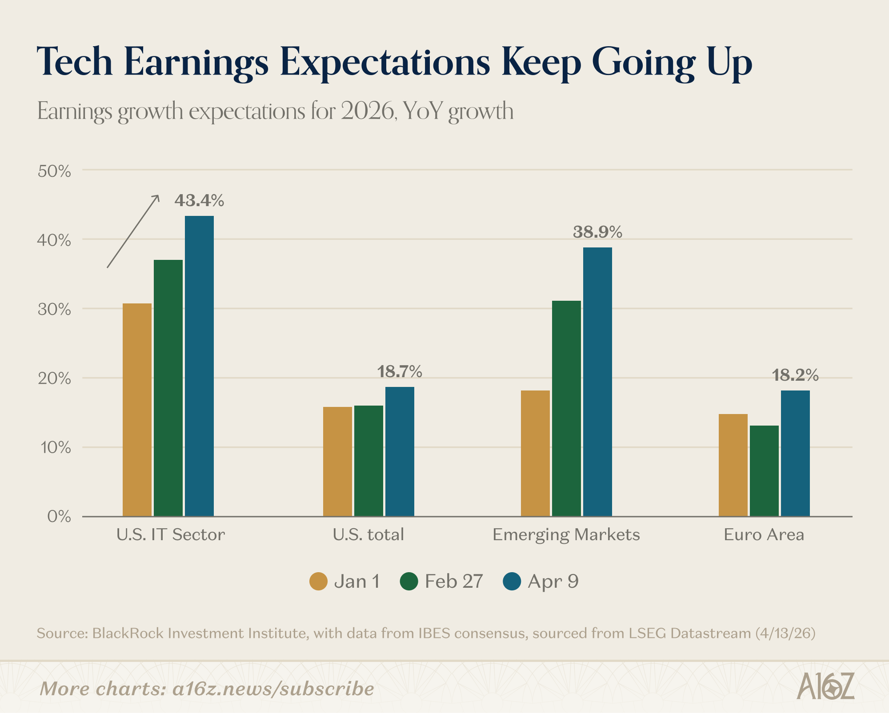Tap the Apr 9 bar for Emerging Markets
click(x=597, y=382)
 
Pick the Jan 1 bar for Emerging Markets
click(x=535, y=453)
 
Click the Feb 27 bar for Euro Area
click(x=764, y=471)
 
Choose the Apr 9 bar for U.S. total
click(x=400, y=451)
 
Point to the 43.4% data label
click(x=199, y=201)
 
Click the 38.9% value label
click(x=597, y=232)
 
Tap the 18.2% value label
click(x=795, y=375)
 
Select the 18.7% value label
click(x=400, y=371)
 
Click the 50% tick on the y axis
click(x=54, y=171)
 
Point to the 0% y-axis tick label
click(x=59, y=517)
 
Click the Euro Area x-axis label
click(x=764, y=534)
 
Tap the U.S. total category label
click(x=368, y=534)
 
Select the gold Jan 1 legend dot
click(x=318, y=582)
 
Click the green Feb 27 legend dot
click(x=409, y=582)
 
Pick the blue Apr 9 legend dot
click(x=512, y=582)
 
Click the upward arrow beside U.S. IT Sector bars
click(x=133, y=231)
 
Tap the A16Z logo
click(x=825, y=686)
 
